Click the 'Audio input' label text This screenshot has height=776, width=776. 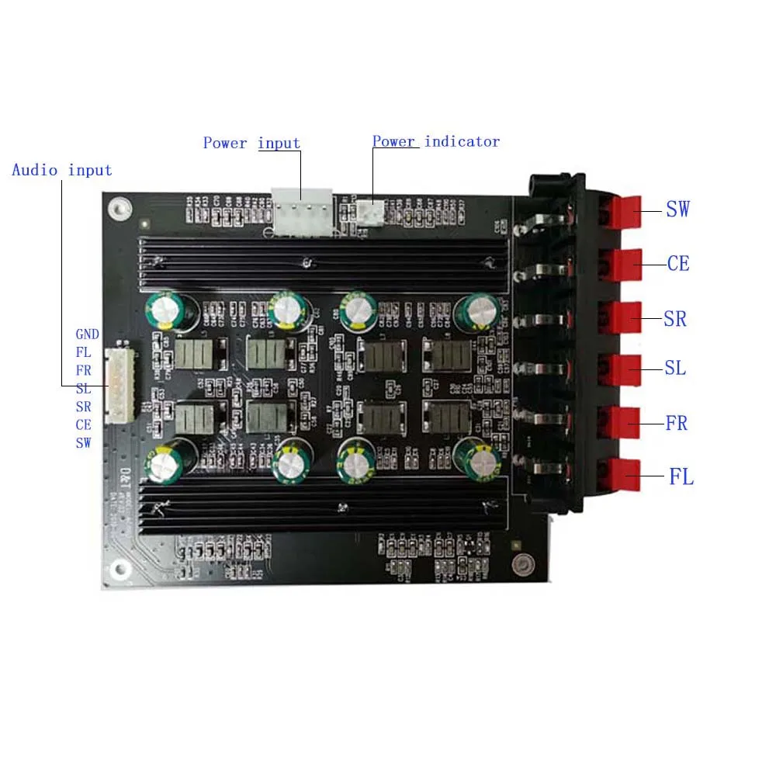[x=62, y=170]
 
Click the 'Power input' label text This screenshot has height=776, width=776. [x=251, y=143]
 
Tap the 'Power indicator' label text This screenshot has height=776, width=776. [x=435, y=141]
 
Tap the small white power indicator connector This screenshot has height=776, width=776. [x=372, y=211]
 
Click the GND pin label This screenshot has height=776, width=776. [x=87, y=334]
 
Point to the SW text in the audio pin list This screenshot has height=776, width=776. [x=83, y=443]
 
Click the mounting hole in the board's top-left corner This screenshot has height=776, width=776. [x=117, y=207]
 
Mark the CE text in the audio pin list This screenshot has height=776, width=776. [x=83, y=425]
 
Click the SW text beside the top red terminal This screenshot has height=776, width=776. [x=677, y=209]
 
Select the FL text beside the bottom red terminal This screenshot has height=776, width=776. [x=681, y=476]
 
